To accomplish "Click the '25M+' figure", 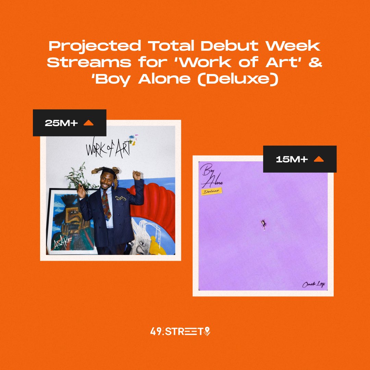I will point(61,123).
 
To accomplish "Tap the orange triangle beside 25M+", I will point(88,123).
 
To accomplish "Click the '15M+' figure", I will point(292,159).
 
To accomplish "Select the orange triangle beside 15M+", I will point(319,159).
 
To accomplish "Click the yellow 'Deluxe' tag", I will point(211,192).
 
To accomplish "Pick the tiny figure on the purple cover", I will point(263,224).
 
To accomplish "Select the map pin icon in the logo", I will point(207,331).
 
